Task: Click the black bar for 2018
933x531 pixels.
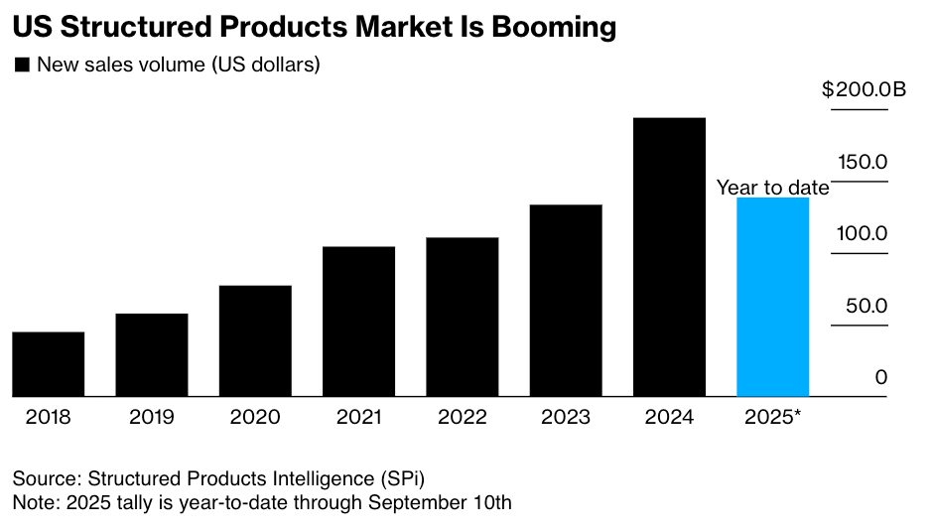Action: pos(48,364)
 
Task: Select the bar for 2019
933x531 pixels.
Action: pos(152,355)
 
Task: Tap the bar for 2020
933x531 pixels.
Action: pos(255,341)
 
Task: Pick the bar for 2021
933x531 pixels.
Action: pos(358,322)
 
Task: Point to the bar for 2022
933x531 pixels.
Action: pos(463,318)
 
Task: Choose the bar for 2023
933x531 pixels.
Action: pos(566,301)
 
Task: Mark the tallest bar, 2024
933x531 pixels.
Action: pos(669,257)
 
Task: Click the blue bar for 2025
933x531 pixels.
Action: pos(772,298)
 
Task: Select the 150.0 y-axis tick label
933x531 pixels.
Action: pos(866,162)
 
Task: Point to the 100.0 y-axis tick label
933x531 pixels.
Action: pos(866,234)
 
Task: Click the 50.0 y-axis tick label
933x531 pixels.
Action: pos(866,306)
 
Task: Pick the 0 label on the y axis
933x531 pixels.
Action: pos(881,378)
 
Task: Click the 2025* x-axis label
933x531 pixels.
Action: pos(772,417)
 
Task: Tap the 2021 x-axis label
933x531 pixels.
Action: pos(358,417)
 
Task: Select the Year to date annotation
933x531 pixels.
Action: pos(772,188)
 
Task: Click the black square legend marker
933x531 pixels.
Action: pos(21,66)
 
